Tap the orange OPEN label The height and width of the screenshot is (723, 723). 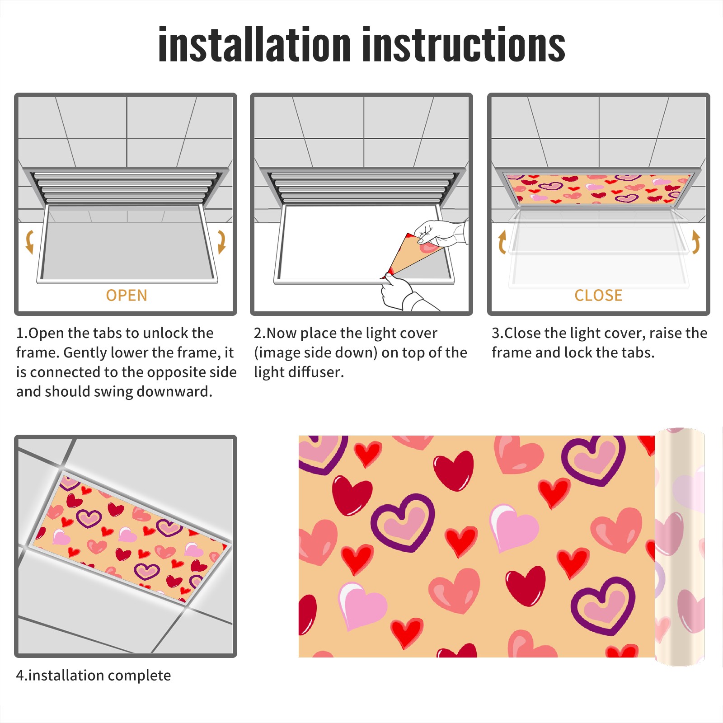[x=127, y=295]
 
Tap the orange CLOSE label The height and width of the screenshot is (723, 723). [x=598, y=295]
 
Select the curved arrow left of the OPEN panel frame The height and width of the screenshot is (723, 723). [x=29, y=242]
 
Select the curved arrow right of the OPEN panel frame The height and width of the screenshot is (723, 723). [x=221, y=242]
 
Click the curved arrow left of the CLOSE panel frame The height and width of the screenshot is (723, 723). [x=502, y=242]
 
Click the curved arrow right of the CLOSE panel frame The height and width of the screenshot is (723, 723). [x=696, y=242]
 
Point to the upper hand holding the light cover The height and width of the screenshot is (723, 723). [x=441, y=233]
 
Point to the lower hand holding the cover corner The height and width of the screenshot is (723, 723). [x=402, y=294]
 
